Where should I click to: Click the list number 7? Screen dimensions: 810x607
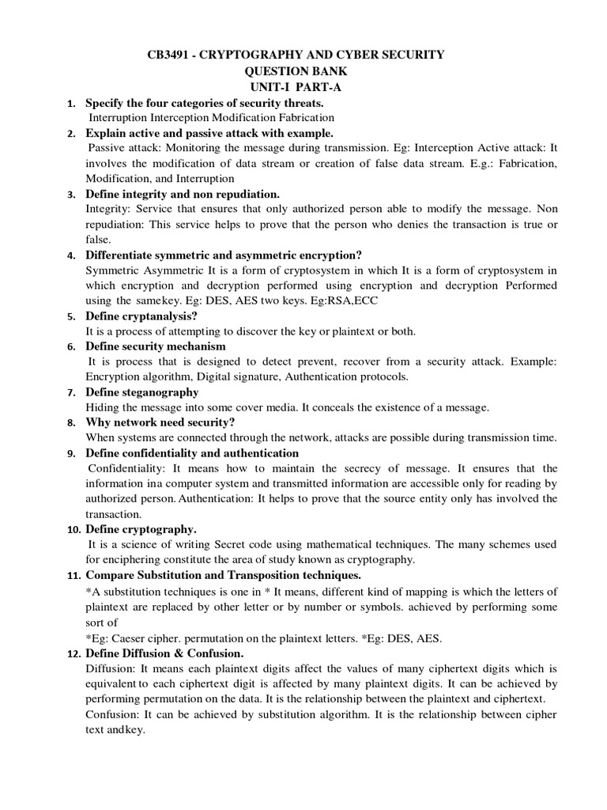(71, 393)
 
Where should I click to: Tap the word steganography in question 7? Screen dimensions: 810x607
(160, 392)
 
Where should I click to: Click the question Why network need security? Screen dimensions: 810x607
(160, 422)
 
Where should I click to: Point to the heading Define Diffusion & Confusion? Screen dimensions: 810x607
(164, 653)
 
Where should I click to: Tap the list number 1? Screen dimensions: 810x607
(71, 104)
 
